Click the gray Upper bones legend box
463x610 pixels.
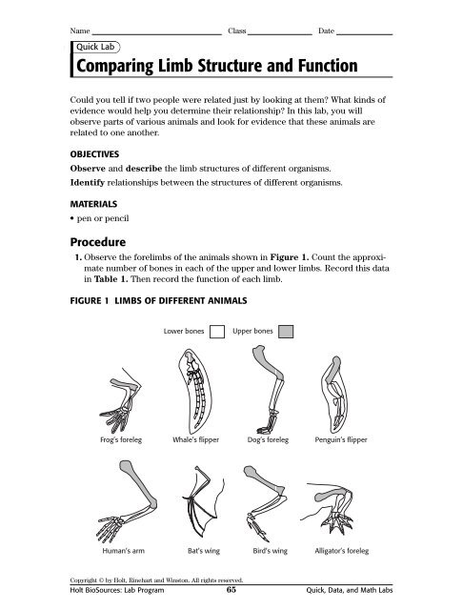coord(286,332)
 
